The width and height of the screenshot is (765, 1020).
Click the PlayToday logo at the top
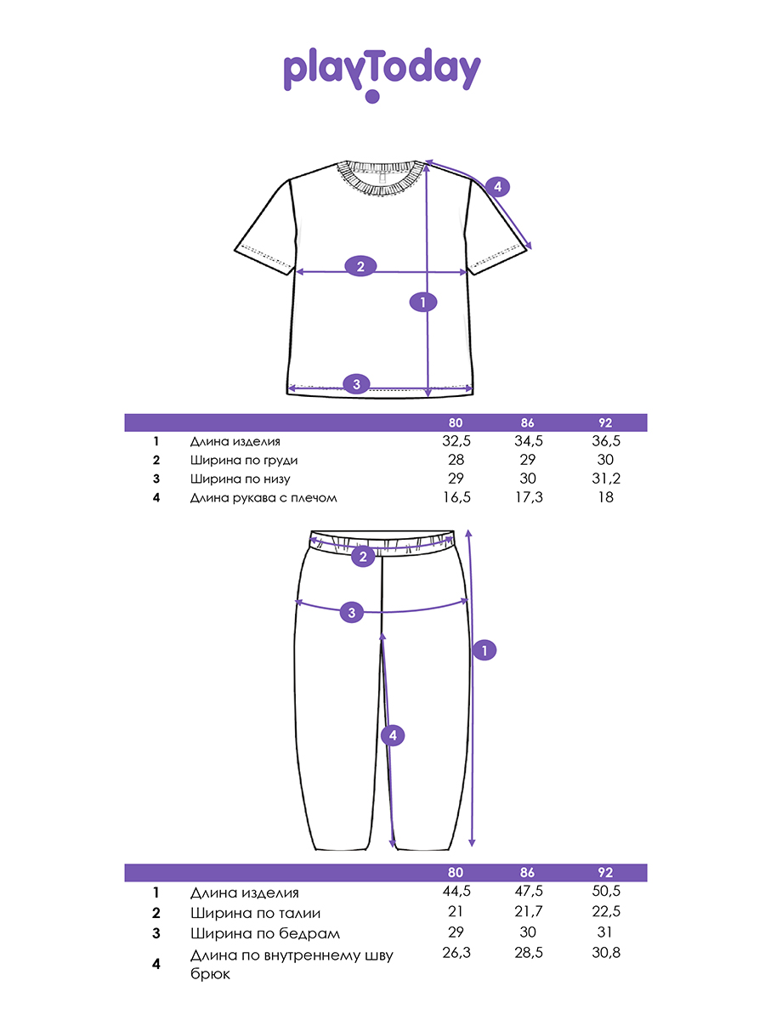(x=382, y=73)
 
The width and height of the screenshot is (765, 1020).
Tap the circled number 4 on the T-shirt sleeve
(x=498, y=186)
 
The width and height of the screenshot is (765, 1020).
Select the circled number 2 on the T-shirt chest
(x=360, y=266)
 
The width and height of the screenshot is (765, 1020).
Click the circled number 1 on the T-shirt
(x=422, y=301)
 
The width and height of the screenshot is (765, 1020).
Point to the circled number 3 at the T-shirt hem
(x=357, y=384)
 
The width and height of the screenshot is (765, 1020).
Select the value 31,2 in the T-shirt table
(x=605, y=479)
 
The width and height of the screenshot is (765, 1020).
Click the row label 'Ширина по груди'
(x=244, y=461)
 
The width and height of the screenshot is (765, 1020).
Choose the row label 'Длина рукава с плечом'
(x=263, y=498)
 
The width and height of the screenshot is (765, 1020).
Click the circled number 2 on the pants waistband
(x=363, y=558)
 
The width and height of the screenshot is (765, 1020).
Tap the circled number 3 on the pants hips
(x=352, y=611)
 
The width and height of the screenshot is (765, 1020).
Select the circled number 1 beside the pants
(x=484, y=650)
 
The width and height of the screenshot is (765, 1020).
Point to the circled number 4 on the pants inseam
(x=391, y=736)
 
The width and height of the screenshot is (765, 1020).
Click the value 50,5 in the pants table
(x=605, y=892)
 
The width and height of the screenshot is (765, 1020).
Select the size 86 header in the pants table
(x=527, y=873)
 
